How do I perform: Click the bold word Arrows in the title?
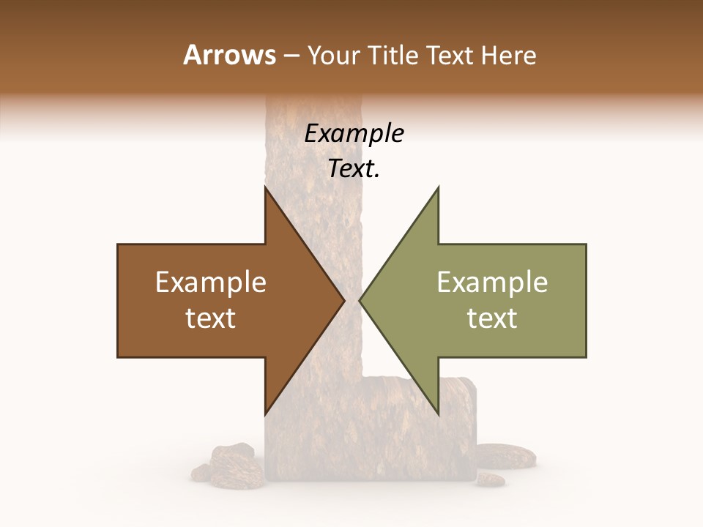point(230,55)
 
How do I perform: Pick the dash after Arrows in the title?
point(292,56)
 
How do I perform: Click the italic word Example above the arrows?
point(354,133)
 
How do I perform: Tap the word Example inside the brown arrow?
point(211,282)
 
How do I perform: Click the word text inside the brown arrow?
point(211,318)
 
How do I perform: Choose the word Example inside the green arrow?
point(492,282)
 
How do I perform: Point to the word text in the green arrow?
point(492,318)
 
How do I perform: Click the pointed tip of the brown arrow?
point(343,300)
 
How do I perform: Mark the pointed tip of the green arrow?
point(360,300)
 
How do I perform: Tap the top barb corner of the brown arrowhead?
point(265,187)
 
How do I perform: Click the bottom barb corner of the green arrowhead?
point(438,414)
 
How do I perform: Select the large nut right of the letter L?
point(505,456)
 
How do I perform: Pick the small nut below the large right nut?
point(490,479)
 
